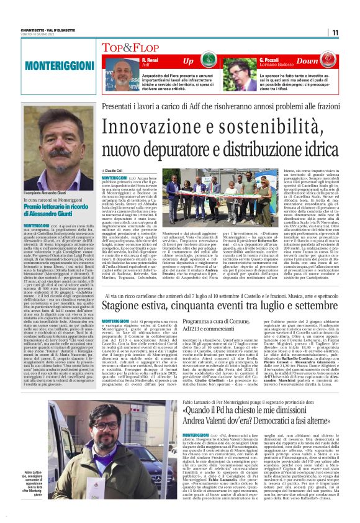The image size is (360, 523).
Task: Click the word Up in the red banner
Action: point(187,61)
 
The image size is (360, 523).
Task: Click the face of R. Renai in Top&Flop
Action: point(121,74)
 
